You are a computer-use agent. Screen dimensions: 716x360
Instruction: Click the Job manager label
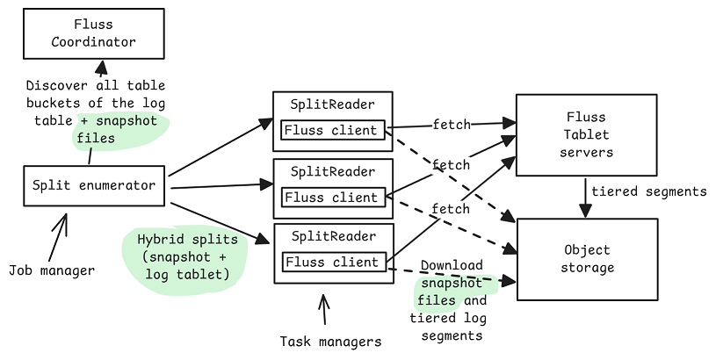(52, 270)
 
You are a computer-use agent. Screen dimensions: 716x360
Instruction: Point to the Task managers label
(330, 342)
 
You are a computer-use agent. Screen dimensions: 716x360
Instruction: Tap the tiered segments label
(649, 191)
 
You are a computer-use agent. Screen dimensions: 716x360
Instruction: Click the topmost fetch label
(452, 124)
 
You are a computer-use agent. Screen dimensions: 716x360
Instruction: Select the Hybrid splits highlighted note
(187, 257)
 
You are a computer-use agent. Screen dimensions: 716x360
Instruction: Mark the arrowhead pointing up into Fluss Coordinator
(101, 68)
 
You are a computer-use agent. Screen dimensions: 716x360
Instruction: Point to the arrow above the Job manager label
(58, 237)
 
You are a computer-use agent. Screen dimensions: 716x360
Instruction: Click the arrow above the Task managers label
(324, 309)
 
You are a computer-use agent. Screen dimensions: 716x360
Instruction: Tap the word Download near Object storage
(452, 265)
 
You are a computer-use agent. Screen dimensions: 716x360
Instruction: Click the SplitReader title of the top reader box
(332, 104)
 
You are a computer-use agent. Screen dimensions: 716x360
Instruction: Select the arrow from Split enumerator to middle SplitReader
(221, 186)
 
